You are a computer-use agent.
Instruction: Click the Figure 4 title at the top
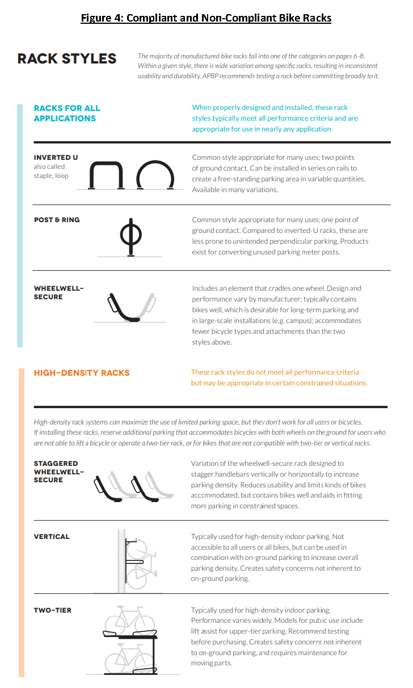(x=206, y=18)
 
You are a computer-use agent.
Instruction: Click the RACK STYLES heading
(x=67, y=59)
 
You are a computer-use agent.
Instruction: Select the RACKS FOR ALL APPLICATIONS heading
(x=67, y=113)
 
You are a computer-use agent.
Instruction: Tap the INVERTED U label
(x=56, y=157)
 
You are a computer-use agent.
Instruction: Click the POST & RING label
(x=57, y=220)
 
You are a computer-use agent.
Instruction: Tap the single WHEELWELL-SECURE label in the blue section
(x=58, y=292)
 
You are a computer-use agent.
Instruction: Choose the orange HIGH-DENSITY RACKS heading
(x=82, y=373)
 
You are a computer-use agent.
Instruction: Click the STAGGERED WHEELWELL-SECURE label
(x=58, y=472)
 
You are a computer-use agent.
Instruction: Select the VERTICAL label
(x=52, y=537)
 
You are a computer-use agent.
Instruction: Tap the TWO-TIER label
(x=53, y=610)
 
